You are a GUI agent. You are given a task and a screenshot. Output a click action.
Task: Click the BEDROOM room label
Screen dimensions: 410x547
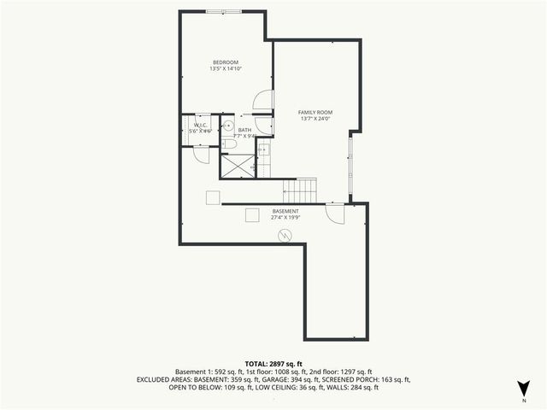pos(226,61)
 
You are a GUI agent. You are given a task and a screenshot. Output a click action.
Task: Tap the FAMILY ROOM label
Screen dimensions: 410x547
pos(315,112)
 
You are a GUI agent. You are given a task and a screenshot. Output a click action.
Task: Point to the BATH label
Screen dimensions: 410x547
pos(244,130)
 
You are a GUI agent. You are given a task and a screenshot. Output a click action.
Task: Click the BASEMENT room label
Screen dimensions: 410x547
pos(285,211)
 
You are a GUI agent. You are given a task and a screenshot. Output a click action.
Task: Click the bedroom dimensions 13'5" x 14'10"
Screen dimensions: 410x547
pos(226,68)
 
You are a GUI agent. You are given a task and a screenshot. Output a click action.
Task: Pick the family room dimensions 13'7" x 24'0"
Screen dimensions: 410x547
pos(315,119)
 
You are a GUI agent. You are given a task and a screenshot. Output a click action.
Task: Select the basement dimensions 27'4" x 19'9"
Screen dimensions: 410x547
pos(285,218)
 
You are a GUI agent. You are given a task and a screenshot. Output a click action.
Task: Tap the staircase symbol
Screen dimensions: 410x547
pos(300,190)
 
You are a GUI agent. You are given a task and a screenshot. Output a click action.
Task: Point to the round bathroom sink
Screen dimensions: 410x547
pos(228,125)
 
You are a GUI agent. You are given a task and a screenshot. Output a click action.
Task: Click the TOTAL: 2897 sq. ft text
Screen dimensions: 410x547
pos(273,364)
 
